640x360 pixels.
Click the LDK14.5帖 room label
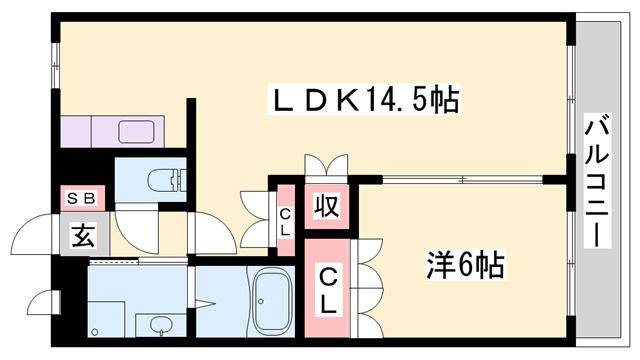pyautogui.click(x=365, y=100)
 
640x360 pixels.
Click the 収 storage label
pyautogui.click(x=326, y=207)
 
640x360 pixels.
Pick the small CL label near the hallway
pyautogui.click(x=285, y=221)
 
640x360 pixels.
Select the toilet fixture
pyautogui.click(x=162, y=181)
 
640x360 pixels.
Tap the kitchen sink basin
pyautogui.click(x=135, y=131)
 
